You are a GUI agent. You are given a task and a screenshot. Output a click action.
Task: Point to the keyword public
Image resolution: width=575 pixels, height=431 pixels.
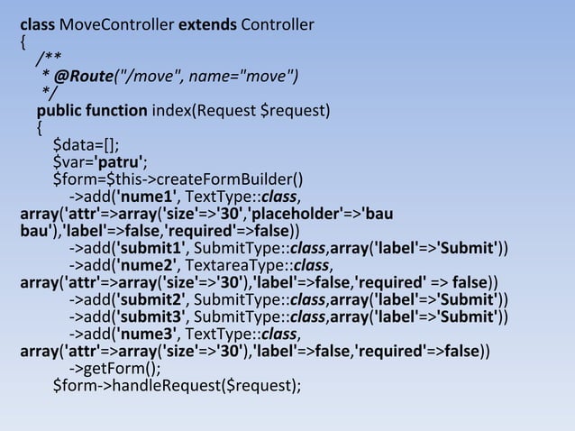tap(59, 112)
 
